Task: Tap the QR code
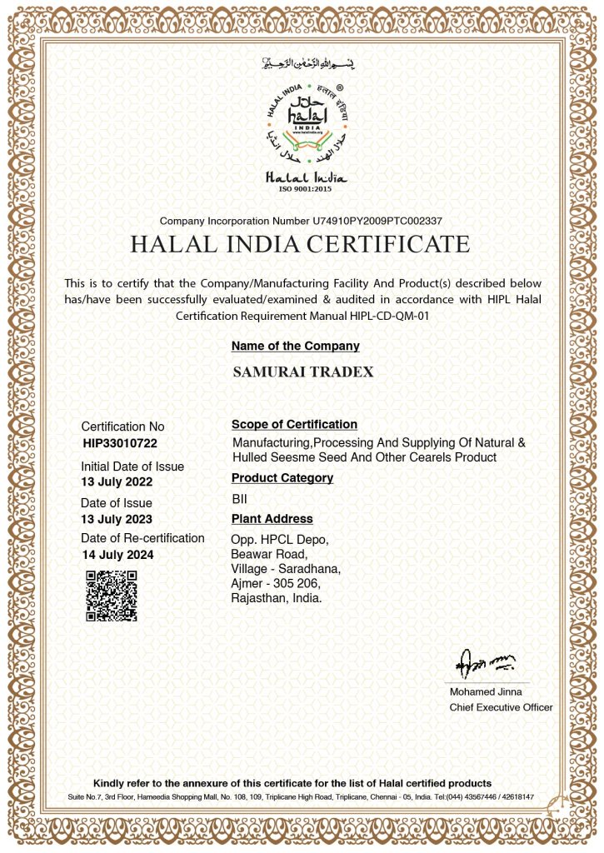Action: (111, 596)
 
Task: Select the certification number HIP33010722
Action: (120, 443)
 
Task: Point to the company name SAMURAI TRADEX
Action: (303, 372)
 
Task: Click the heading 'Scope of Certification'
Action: (294, 425)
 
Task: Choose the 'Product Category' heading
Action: (282, 478)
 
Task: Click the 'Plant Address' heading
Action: (272, 519)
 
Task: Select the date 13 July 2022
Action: (117, 482)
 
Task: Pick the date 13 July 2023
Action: (117, 519)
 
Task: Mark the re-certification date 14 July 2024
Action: (117, 555)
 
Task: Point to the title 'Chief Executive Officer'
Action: (501, 707)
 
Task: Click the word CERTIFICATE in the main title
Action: (388, 245)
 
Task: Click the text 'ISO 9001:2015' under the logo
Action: (306, 189)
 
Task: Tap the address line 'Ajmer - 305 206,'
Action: (277, 584)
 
